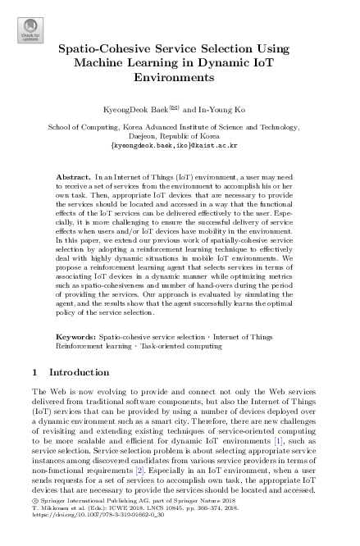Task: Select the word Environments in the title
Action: click(180, 77)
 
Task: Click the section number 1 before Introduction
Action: click(34, 372)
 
